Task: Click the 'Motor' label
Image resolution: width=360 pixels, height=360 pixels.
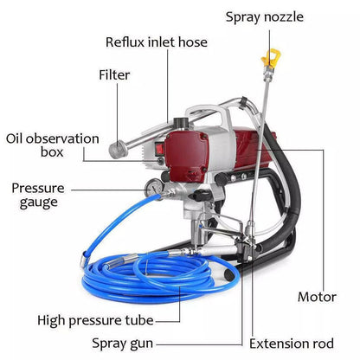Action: pos(317,297)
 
